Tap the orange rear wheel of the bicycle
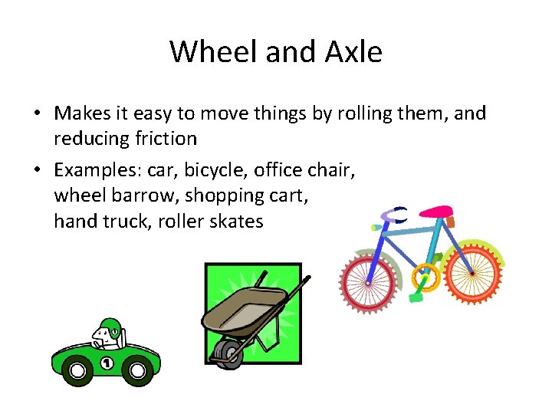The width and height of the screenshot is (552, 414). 472,272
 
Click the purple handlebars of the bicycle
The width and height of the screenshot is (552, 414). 395,218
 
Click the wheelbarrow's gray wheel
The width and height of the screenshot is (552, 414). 227,353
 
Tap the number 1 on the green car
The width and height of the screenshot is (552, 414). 107,362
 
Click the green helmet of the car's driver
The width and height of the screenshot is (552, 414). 110,327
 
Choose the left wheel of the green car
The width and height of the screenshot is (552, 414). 77,372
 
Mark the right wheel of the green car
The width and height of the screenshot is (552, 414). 137,372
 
